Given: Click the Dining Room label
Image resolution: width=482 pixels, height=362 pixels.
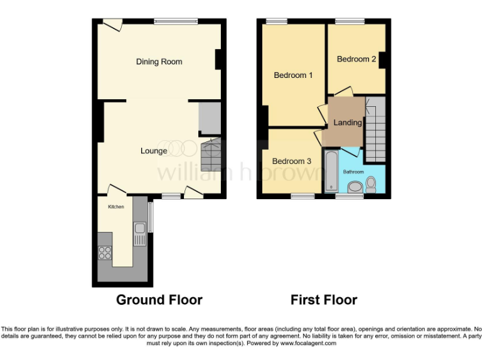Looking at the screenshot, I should pos(159,62).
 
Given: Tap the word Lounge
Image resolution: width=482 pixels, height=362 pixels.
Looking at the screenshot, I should pos(154,151).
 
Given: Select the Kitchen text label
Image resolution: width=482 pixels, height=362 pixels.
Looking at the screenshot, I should pos(116,207).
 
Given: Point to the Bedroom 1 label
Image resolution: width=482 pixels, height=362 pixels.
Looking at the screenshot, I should pos(293,75).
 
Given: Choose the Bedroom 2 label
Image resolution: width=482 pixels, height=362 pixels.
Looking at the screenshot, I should pos(356,59).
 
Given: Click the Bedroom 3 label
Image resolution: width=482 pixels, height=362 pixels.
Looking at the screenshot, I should pos(291,162).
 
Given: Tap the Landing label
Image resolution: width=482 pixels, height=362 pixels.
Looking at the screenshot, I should pos(347,123).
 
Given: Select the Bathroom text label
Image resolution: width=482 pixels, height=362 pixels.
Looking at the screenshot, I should pos(353,172).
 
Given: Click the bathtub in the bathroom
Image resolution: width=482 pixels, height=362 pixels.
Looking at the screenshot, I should pos(331,170).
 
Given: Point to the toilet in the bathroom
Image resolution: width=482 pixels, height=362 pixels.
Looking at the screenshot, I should pos(370,184).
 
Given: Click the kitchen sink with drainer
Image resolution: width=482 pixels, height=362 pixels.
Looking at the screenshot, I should pos(140,232).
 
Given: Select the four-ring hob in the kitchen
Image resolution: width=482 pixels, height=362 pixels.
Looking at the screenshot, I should pos(105,253).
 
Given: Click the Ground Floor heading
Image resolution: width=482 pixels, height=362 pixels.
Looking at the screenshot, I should pos(159,300).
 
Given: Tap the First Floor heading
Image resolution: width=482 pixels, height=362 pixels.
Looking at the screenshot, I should pos(324,300).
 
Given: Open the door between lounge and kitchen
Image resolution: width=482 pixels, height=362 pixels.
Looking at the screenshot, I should pos(115,190).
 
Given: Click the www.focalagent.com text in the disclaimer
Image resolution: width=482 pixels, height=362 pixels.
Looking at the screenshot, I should pos(308,343).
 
